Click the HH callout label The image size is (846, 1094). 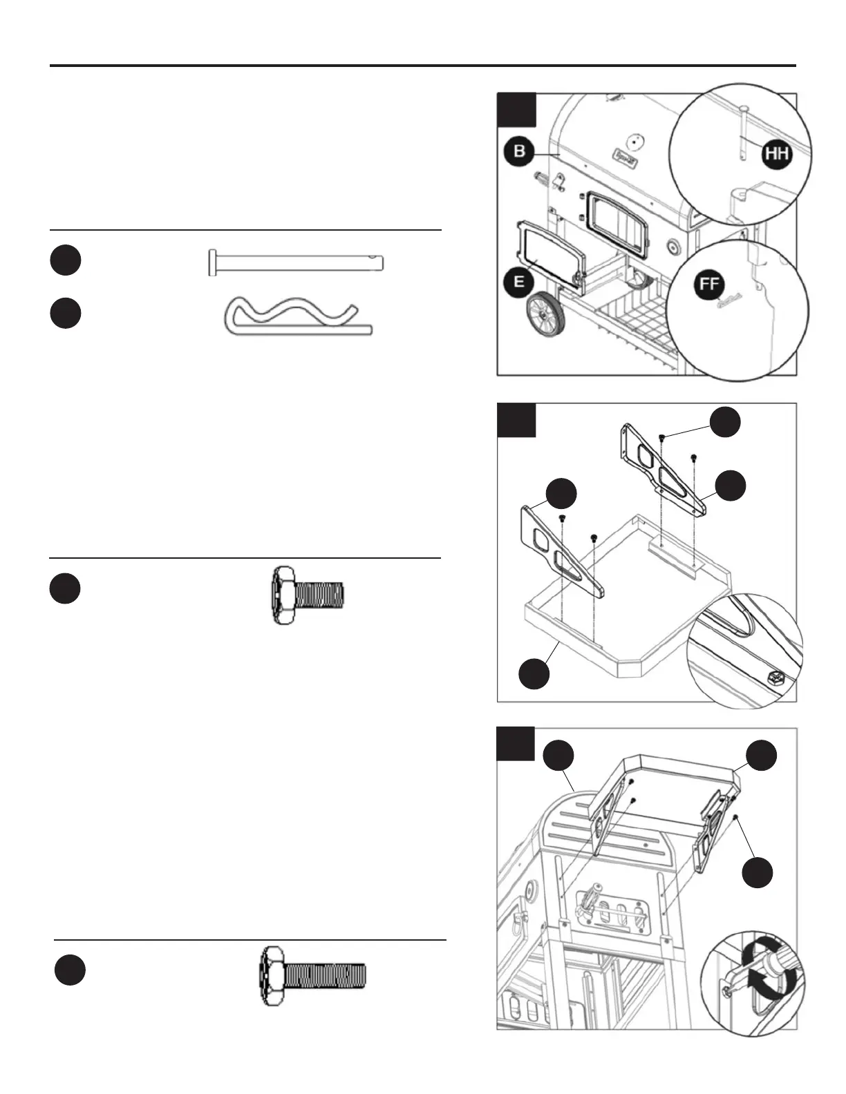click(x=777, y=153)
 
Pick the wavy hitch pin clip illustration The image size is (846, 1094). click(x=299, y=316)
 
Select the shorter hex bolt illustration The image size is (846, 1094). click(x=307, y=595)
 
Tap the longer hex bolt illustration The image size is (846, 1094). click(x=312, y=976)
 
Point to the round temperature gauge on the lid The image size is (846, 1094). click(x=637, y=140)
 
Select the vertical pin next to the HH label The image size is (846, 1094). click(x=740, y=134)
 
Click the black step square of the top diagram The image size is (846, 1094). click(x=516, y=110)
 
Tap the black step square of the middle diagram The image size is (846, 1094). click(x=516, y=420)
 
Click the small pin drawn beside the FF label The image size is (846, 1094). click(x=730, y=299)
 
